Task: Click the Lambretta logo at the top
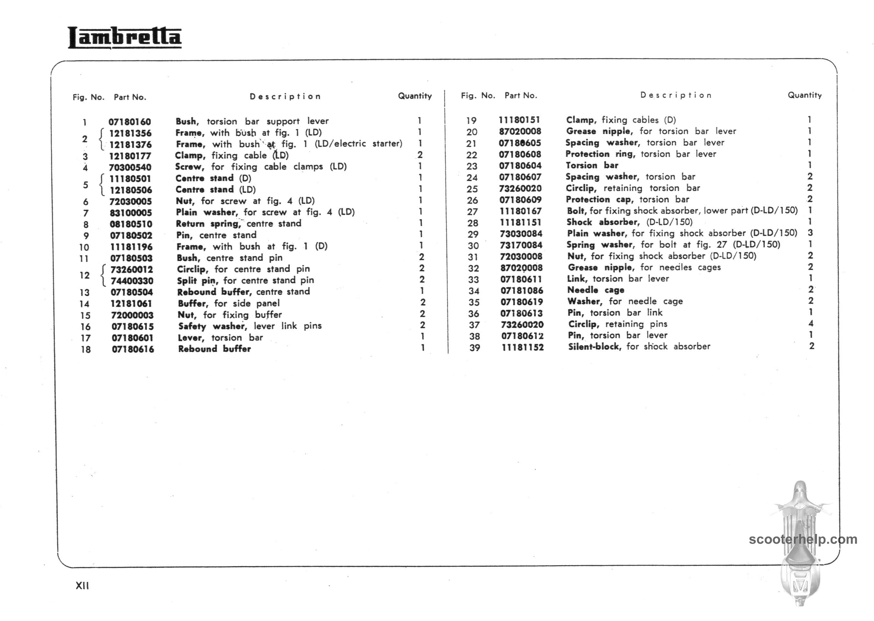tap(125, 38)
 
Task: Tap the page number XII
tap(82, 586)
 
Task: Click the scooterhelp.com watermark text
tap(803, 539)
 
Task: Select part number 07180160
tap(130, 122)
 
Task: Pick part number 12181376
tap(130, 145)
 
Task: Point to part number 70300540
tap(130, 168)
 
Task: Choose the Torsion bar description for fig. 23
tap(592, 165)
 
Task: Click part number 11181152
tap(522, 348)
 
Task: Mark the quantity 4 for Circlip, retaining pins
tap(811, 323)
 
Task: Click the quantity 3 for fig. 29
tap(810, 233)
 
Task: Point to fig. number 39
tap(475, 348)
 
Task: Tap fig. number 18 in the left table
tap(86, 350)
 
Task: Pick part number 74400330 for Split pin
tap(132, 281)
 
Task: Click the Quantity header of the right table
tap(804, 95)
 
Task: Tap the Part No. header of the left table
tap(130, 97)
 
